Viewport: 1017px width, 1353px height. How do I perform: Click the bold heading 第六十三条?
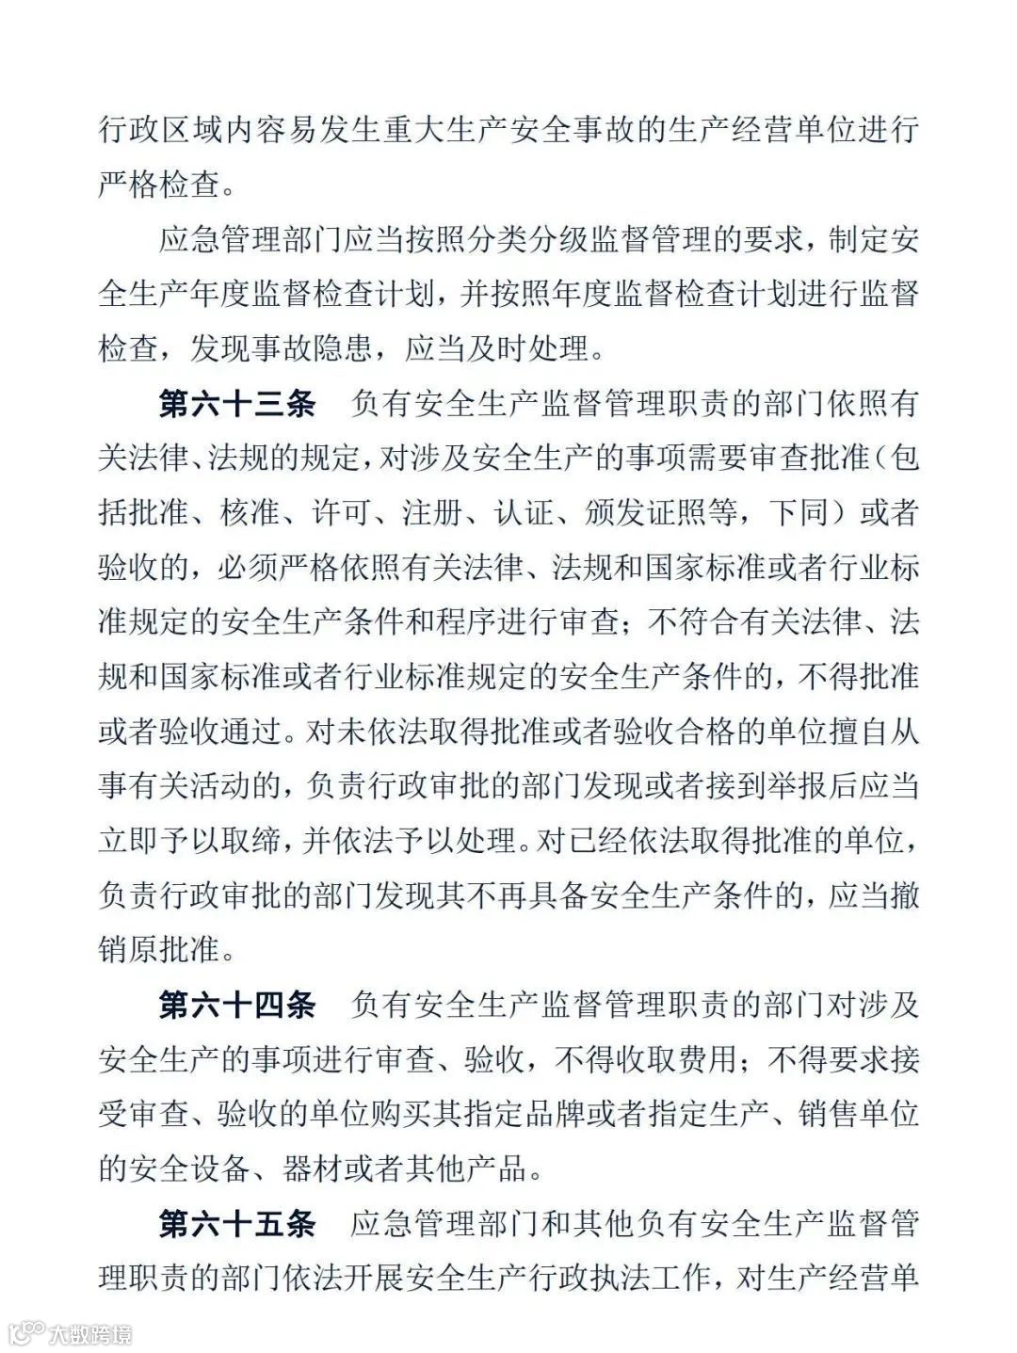(x=236, y=404)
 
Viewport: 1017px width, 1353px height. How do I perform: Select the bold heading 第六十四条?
(x=236, y=1005)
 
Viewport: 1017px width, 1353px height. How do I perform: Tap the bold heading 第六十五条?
(x=236, y=1223)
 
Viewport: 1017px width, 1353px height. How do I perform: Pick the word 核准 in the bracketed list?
(x=250, y=513)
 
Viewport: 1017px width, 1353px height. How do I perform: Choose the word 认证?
(x=523, y=513)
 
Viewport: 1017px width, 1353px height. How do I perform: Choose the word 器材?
(x=310, y=1168)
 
